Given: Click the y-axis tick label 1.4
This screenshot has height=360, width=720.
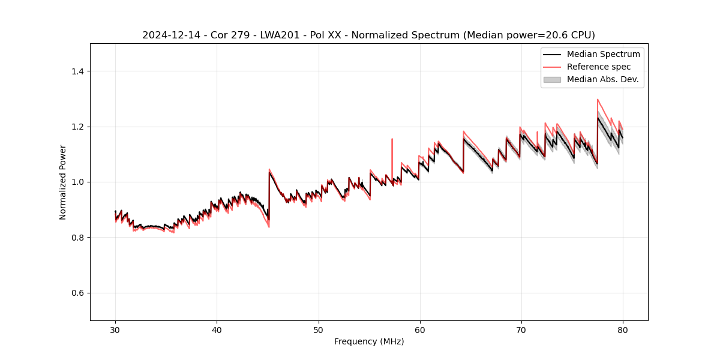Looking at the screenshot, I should click(77, 71).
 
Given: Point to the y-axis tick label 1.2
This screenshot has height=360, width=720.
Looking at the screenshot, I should click(77, 127).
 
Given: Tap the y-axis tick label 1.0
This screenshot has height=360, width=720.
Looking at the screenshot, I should click(77, 182).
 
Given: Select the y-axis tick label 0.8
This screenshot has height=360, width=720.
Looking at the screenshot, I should click(77, 238).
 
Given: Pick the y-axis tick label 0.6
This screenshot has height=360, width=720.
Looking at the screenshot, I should click(77, 293).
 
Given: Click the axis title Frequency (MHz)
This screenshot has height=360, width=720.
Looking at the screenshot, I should click(369, 341).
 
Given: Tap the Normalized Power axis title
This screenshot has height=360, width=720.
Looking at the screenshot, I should click(63, 182).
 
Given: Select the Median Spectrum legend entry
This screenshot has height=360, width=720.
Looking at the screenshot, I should click(603, 54).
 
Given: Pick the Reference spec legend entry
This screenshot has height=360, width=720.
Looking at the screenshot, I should click(598, 67).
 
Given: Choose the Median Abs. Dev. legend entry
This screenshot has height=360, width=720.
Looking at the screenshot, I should click(602, 79).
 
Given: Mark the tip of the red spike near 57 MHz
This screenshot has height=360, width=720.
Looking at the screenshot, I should click(392, 139).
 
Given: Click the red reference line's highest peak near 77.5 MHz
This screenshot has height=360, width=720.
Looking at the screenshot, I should click(598, 100).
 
